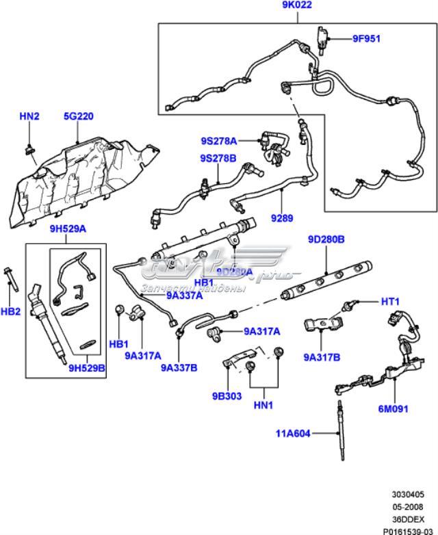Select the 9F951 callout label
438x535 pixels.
pos(366,39)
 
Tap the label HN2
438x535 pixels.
pos(29,116)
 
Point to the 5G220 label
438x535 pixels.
pos(79,116)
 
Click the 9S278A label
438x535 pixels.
pos(218,141)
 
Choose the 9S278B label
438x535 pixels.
pos(218,158)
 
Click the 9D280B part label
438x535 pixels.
pos(326,240)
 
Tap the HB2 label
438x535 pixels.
pos(10,311)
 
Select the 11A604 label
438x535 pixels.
pos(293,433)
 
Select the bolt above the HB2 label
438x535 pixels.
pos(10,280)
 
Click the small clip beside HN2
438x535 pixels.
pos(29,146)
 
